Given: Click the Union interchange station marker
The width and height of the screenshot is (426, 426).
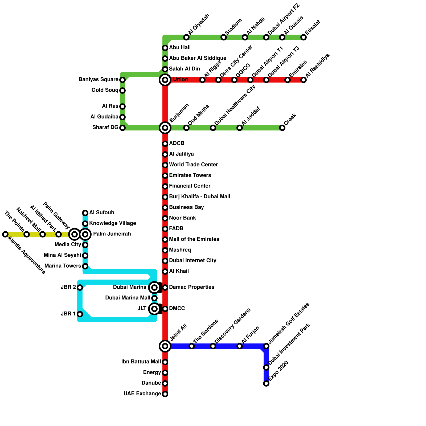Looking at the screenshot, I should [165, 80].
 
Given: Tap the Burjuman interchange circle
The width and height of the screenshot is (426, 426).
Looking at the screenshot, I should [165, 128].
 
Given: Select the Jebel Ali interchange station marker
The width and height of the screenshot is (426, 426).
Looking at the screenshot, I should [165, 346].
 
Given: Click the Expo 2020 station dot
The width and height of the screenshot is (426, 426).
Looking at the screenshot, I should [266, 383].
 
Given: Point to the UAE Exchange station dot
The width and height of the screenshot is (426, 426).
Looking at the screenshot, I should [165, 394].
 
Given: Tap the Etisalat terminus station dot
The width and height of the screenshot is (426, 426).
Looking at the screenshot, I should [304, 37].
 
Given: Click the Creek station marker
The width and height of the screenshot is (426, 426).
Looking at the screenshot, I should [282, 128].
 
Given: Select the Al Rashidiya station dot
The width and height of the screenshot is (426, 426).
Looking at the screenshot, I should [304, 80].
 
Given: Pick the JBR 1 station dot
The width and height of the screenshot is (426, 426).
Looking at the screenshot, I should [80, 314].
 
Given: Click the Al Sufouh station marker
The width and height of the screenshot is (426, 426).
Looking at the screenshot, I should [85, 213].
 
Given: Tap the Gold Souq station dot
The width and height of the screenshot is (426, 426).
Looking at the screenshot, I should [122, 91].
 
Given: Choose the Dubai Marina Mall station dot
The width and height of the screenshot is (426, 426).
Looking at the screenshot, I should [154, 298].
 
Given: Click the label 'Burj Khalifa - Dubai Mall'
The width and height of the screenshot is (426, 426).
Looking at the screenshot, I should [199, 197].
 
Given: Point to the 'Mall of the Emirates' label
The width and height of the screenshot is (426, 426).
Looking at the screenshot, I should [194, 239].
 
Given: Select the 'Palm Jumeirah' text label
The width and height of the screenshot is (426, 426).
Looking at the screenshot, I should [112, 234].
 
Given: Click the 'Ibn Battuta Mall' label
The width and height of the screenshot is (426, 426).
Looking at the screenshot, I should [141, 362].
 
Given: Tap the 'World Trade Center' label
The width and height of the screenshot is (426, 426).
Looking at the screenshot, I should [193, 165].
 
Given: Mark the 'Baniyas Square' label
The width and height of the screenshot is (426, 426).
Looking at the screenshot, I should [98, 80].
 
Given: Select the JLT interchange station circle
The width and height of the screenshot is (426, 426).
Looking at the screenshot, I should [154, 309].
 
